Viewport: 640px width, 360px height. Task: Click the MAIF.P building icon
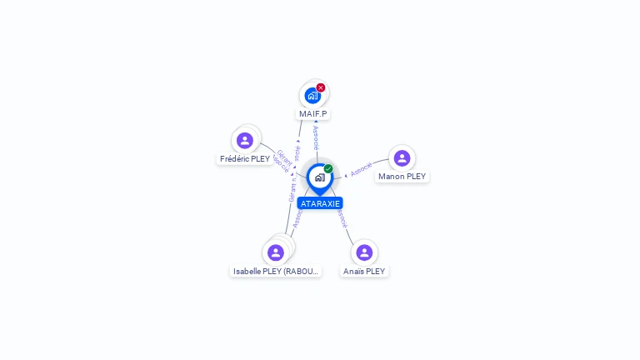[312, 95]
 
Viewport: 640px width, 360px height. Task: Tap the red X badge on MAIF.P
[321, 87]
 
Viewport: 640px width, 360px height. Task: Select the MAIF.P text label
[313, 113]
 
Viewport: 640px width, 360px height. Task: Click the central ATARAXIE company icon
[319, 177]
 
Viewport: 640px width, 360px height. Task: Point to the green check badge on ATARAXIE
[328, 168]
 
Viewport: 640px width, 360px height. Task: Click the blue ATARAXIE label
[320, 203]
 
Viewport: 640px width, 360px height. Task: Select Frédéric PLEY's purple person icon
[244, 140]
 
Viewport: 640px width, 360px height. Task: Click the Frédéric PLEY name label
[245, 158]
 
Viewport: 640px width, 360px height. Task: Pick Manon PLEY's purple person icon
[402, 158]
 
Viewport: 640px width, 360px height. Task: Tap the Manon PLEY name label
[402, 177]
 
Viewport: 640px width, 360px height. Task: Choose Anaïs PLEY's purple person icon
[364, 252]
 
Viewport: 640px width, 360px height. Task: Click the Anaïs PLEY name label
[364, 271]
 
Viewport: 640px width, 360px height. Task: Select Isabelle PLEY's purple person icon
[276, 252]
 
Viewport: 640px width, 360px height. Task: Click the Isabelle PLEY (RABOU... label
[276, 271]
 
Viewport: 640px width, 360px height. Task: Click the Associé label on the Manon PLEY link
[362, 168]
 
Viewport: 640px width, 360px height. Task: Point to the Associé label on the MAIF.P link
[316, 138]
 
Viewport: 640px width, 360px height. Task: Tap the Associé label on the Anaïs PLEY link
[342, 217]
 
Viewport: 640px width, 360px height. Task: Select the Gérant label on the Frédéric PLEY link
[283, 157]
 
